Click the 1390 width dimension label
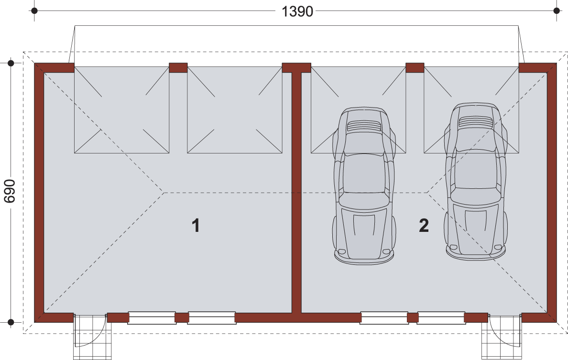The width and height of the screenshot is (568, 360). [297, 11]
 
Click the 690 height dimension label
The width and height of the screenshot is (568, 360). [10, 191]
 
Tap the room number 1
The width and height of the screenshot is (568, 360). [196, 225]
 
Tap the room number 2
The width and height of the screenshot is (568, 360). [424, 225]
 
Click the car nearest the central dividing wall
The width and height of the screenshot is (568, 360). [364, 186]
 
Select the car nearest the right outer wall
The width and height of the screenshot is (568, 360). [476, 182]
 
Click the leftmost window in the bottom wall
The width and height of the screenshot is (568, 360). [152, 317]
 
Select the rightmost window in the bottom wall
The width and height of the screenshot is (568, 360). [441, 317]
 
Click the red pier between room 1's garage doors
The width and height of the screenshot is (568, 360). [178, 68]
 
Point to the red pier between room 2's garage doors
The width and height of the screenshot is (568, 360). [415, 68]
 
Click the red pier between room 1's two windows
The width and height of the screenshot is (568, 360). [182, 317]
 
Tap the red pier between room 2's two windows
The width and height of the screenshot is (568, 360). [413, 317]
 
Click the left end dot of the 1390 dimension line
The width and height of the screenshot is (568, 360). [34, 11]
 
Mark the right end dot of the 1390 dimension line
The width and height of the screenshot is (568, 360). [557, 11]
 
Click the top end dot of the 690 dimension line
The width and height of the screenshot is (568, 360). [11, 64]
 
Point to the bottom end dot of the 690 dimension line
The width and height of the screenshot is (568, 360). [11, 322]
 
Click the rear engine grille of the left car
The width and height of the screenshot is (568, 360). [364, 126]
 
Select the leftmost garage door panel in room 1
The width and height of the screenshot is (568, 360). [122, 110]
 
